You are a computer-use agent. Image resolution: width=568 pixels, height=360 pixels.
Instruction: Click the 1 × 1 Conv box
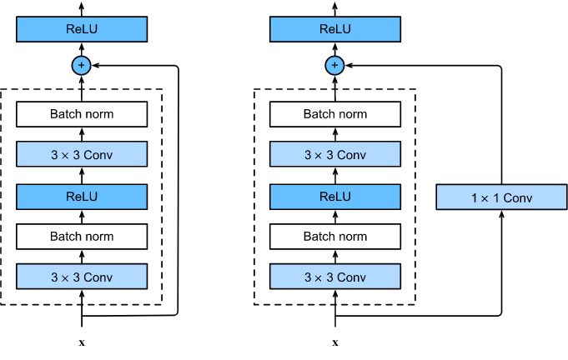(501, 197)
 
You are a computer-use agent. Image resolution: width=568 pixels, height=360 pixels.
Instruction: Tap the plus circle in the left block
(81, 66)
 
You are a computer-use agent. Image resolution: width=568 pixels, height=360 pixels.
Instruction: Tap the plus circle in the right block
(334, 66)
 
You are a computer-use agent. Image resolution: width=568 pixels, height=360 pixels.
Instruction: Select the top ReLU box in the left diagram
(82, 29)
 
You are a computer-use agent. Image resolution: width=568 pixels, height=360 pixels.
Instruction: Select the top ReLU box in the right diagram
(335, 29)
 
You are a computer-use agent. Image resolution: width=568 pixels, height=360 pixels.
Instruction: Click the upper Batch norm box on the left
(82, 114)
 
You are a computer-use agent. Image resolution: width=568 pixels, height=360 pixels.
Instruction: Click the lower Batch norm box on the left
(82, 237)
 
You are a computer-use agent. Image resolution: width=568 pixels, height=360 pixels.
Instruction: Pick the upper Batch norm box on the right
(335, 114)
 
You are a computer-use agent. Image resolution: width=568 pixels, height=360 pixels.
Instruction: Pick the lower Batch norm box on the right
(335, 237)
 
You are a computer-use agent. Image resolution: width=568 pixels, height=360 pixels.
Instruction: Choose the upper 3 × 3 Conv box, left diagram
(82, 154)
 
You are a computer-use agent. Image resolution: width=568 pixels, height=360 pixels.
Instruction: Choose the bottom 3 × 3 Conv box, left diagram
(82, 277)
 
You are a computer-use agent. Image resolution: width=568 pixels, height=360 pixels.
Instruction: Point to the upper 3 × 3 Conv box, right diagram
(335, 154)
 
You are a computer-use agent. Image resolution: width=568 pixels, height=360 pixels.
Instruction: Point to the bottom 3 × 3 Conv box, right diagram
(335, 277)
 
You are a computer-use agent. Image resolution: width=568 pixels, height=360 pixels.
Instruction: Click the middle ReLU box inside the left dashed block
(82, 197)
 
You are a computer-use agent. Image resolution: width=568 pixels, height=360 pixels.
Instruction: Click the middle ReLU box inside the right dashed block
(335, 197)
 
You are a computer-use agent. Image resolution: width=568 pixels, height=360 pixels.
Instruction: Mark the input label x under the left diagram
(82, 342)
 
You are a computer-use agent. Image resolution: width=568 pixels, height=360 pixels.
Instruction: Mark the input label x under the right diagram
(335, 342)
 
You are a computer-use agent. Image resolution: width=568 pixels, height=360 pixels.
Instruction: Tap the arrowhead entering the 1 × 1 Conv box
(502, 214)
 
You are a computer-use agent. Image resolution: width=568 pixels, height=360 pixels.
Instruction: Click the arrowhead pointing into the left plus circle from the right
(96, 66)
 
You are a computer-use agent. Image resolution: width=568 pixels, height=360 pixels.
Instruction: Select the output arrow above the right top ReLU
(334, 9)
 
